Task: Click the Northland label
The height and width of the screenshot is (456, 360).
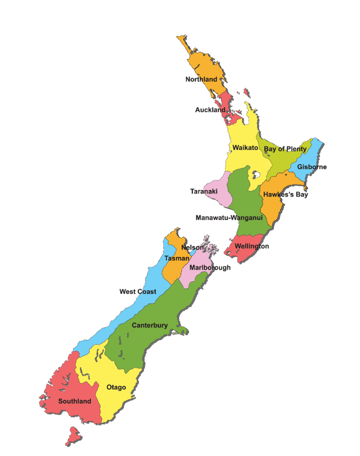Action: coord(201,79)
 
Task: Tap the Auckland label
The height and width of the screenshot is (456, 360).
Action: coord(210,110)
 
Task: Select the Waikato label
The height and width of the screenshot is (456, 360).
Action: coord(245,148)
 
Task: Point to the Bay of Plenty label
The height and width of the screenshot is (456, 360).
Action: coord(285,149)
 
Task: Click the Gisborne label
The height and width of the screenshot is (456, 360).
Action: coord(312,167)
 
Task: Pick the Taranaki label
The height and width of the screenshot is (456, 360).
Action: coord(204,191)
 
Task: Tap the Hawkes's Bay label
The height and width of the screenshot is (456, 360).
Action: coord(285,194)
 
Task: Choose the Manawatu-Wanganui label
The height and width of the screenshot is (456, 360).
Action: coord(229,218)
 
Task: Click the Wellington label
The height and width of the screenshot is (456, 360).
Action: coord(251,246)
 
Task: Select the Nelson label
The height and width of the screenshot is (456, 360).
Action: coord(192,248)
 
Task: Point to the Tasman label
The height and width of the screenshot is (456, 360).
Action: coord(177,258)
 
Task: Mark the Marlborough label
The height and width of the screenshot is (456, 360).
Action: coord(210,268)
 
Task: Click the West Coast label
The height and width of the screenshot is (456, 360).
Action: coord(138,291)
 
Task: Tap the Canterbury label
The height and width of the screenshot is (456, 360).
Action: coord(150,325)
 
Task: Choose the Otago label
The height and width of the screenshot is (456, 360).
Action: coord(116,387)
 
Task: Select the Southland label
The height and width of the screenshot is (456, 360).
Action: coord(75,401)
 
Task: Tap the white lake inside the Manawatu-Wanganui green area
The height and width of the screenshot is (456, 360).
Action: coord(254,176)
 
